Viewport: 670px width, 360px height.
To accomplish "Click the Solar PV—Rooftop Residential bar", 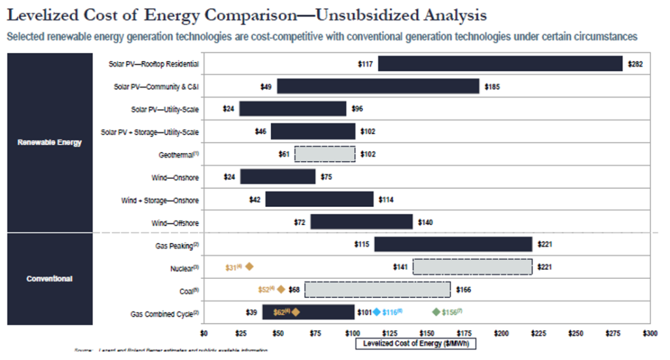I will click(x=500, y=63).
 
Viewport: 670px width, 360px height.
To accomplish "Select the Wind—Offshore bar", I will click(x=361, y=223).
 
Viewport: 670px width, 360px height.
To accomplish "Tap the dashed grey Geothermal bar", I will click(x=325, y=154).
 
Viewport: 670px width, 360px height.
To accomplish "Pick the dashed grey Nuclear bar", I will click(x=472, y=267).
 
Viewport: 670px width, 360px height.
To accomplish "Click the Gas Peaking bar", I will click(x=453, y=244).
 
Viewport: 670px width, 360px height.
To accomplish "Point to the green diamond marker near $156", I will click(x=436, y=312).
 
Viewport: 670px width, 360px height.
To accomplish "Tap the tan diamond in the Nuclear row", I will click(x=249, y=267).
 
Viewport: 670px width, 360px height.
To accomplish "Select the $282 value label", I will click(x=635, y=64).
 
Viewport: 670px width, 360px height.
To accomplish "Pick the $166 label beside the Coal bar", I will click(x=463, y=289).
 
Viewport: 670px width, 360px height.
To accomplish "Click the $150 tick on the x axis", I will click(x=427, y=333).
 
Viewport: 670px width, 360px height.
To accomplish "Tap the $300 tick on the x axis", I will click(x=650, y=333).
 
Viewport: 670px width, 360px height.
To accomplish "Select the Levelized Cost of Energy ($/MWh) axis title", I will click(x=415, y=343).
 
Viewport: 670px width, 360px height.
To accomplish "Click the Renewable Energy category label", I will click(x=50, y=143).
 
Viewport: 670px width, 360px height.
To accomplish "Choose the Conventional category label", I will click(x=50, y=278).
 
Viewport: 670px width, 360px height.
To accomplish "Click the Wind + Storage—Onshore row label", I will click(x=160, y=200).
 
